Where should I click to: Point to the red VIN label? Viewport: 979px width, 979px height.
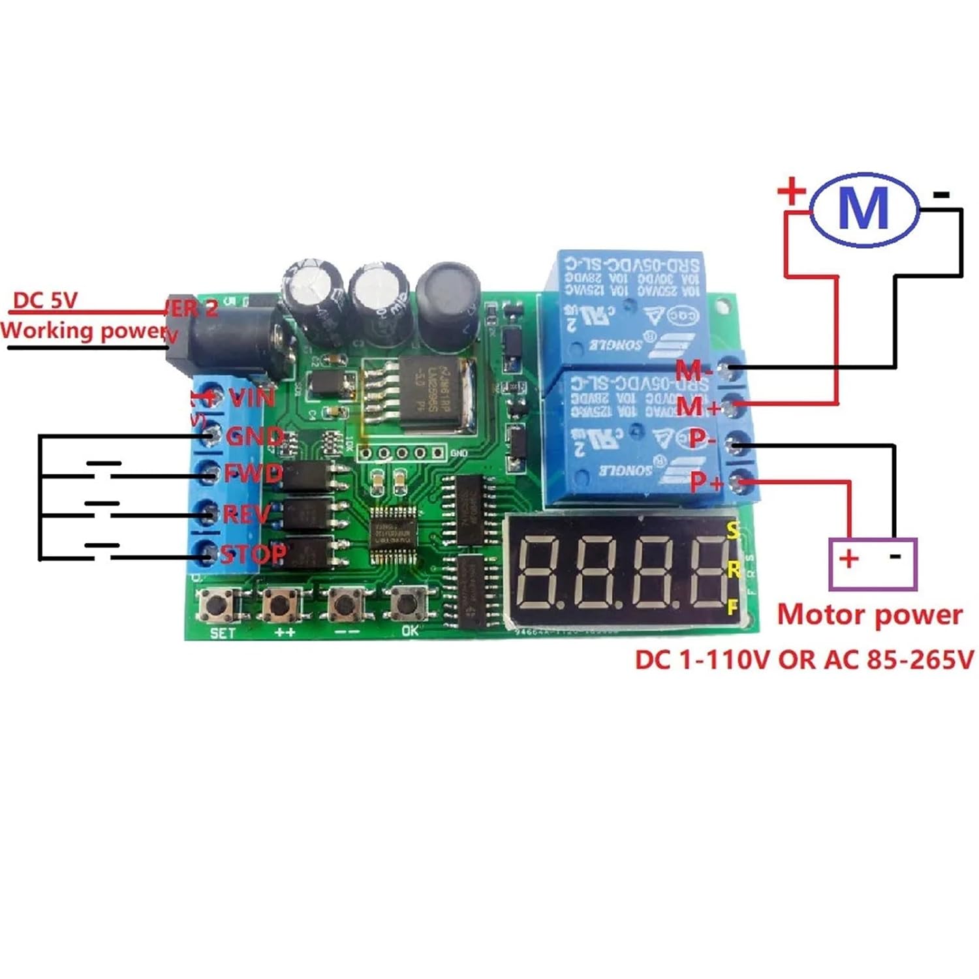coord(252,397)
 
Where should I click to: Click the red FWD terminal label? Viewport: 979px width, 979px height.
coord(253,473)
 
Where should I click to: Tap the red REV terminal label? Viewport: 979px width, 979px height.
coord(246,514)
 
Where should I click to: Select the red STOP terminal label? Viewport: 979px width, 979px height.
coord(253,555)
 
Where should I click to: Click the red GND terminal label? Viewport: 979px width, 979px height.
coord(255,435)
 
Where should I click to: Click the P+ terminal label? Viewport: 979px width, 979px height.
coord(706,482)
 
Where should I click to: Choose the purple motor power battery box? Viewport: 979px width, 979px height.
coord(873,564)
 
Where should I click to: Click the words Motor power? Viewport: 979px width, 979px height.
coord(869,615)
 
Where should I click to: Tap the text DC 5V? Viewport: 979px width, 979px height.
coord(45,300)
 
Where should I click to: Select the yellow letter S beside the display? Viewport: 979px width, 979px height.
coord(733,531)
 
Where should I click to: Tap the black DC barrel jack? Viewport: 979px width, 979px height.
coord(225,343)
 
